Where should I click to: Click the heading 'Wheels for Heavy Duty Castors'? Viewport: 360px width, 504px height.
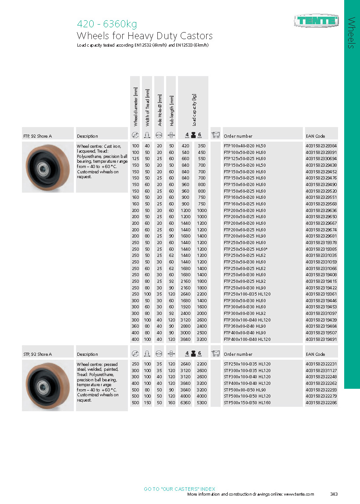point(145,36)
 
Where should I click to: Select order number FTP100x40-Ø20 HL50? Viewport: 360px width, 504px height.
point(245,146)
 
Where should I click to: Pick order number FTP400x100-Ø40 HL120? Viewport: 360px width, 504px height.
point(247,340)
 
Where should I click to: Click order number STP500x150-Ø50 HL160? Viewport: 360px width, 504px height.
point(247,402)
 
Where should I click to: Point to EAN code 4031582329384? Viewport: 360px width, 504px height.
point(321,146)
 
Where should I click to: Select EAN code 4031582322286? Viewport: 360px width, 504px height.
point(321,402)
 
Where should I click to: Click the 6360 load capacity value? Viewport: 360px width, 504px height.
point(185,402)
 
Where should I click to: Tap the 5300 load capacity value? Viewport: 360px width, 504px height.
point(201,402)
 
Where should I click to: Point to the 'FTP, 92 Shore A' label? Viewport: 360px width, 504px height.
point(38,136)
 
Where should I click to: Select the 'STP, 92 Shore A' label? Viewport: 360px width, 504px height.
point(38,354)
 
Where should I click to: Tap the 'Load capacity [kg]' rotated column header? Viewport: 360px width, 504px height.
point(193,110)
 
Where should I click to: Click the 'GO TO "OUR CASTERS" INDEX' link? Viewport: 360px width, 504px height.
point(179,489)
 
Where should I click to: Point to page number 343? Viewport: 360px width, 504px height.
point(334,494)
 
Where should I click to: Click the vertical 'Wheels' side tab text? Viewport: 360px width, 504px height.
point(352,33)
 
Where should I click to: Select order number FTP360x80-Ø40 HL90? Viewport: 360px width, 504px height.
point(245,327)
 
